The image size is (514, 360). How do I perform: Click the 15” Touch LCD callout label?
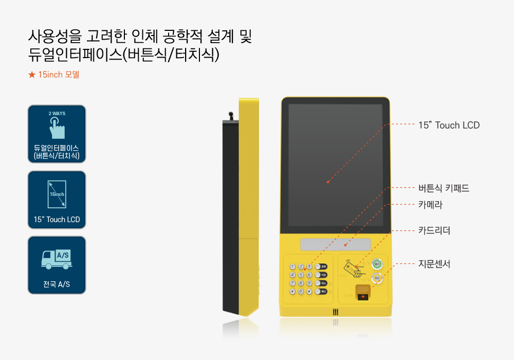click(449, 125)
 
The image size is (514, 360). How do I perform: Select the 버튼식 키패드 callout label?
click(444, 188)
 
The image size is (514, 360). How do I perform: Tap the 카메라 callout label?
click(430, 205)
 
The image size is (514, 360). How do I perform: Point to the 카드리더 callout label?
click(434, 230)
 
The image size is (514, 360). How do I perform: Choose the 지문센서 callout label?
click(434, 264)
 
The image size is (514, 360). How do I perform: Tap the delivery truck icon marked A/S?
click(57, 259)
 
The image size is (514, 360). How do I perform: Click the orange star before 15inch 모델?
click(32, 75)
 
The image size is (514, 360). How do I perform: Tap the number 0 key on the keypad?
click(301, 291)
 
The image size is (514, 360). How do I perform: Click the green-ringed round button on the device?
click(377, 264)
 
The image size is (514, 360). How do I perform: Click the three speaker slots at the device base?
click(335, 312)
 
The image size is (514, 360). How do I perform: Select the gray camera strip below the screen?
click(336, 244)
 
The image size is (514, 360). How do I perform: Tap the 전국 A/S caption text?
click(57, 284)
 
